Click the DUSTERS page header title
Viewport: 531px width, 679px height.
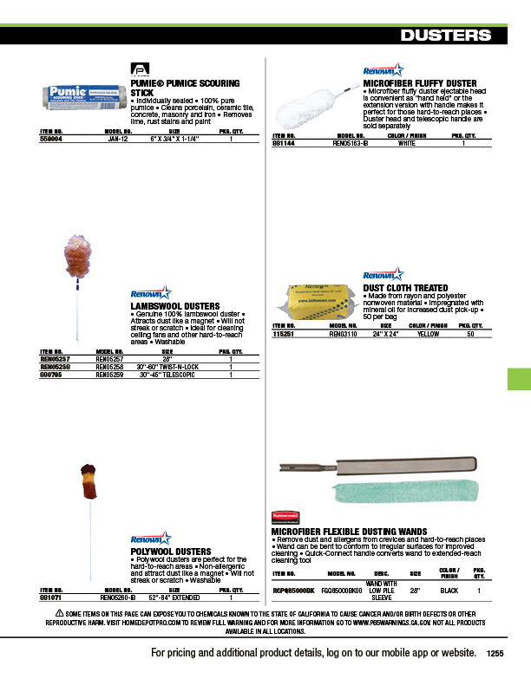pyautogui.click(x=447, y=36)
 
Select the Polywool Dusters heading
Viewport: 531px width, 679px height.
pyautogui.click(x=170, y=552)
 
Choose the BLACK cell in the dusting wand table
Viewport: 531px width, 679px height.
pyautogui.click(x=449, y=591)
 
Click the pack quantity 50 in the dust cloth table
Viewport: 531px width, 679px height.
pyautogui.click(x=470, y=333)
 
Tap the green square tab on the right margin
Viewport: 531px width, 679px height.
pyautogui.click(x=518, y=379)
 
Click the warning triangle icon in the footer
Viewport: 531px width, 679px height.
pyautogui.click(x=48, y=613)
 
